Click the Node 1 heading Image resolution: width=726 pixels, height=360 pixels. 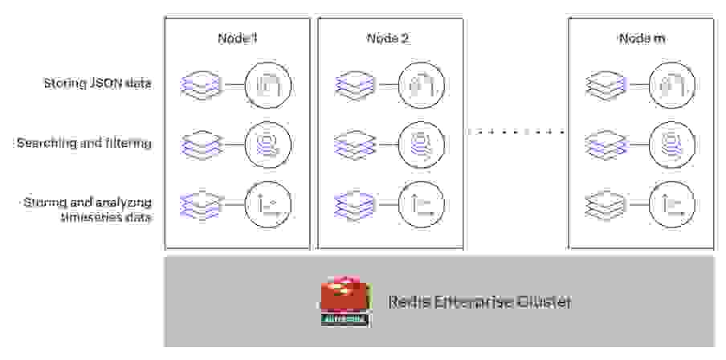[237, 39]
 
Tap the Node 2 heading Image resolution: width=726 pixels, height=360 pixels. [389, 39]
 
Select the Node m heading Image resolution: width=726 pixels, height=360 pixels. [641, 39]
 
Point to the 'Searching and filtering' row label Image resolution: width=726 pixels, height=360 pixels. [84, 143]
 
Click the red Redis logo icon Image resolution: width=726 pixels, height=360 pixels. [345, 302]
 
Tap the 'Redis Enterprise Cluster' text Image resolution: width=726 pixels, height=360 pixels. [480, 302]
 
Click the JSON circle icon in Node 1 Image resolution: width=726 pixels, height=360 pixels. [268, 84]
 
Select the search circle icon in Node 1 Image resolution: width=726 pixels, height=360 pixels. [268, 145]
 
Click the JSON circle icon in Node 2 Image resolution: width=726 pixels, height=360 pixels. [421, 84]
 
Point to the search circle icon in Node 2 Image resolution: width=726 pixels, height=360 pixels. [421, 145]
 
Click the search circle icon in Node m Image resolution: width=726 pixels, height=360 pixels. [671, 145]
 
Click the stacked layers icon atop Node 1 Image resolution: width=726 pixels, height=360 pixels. [201, 84]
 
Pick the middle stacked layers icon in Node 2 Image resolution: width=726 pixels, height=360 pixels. [353, 145]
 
